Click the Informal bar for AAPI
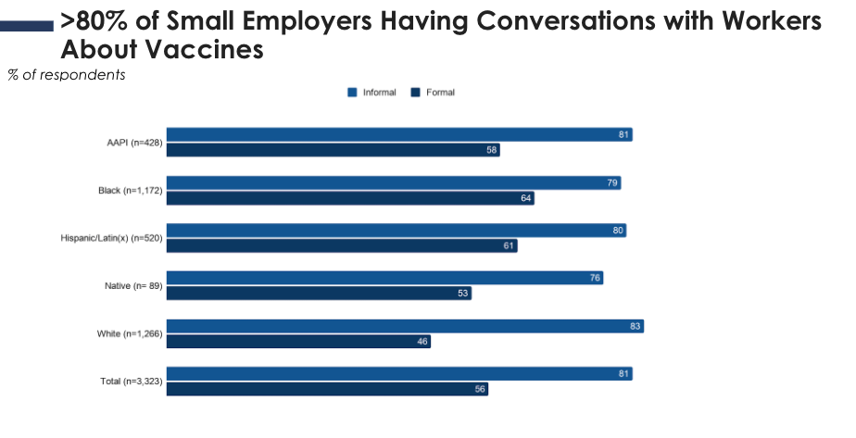398,134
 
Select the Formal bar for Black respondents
350,198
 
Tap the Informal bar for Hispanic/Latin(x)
396,231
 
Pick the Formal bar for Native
319,294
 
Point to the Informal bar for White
404,326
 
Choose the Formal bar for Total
326,390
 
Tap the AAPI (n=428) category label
134,143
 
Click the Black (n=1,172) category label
131,191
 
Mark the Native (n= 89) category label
132,286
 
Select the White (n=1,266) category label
130,334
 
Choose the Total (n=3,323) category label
131,382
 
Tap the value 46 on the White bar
422,342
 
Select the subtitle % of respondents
66,75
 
